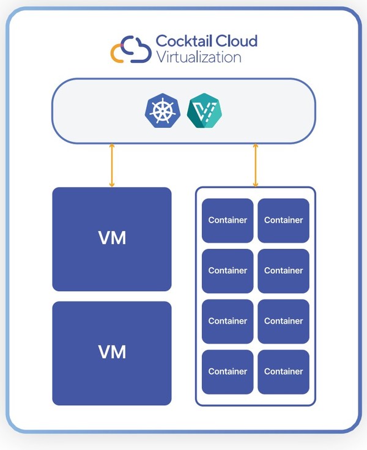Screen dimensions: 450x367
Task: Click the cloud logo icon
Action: click(130, 50)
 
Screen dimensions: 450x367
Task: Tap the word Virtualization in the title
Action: click(198, 57)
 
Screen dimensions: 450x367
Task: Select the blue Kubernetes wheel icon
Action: click(161, 111)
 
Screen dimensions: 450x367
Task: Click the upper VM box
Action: click(112, 238)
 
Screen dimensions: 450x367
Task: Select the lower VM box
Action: click(112, 353)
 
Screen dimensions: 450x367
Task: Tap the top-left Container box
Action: click(228, 220)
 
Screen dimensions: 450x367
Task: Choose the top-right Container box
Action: click(284, 220)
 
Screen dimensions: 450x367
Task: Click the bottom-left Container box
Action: click(228, 371)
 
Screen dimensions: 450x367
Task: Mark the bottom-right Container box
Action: click(284, 371)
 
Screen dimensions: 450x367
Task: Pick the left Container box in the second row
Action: click(228, 270)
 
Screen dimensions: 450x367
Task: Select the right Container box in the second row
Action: click(284, 270)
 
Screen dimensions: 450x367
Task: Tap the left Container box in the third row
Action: click(228, 321)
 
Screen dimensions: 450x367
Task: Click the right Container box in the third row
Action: click(284, 321)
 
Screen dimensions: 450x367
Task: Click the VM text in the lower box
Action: click(112, 352)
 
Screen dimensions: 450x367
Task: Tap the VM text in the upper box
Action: click(112, 238)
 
